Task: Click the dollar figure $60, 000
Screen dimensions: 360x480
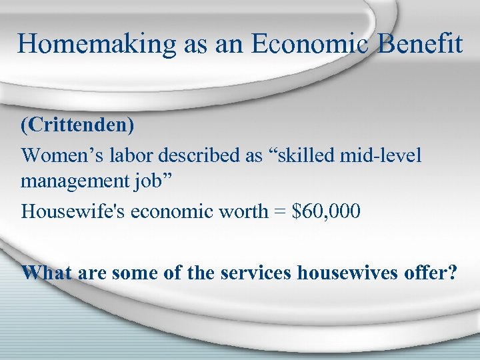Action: coord(326,211)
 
